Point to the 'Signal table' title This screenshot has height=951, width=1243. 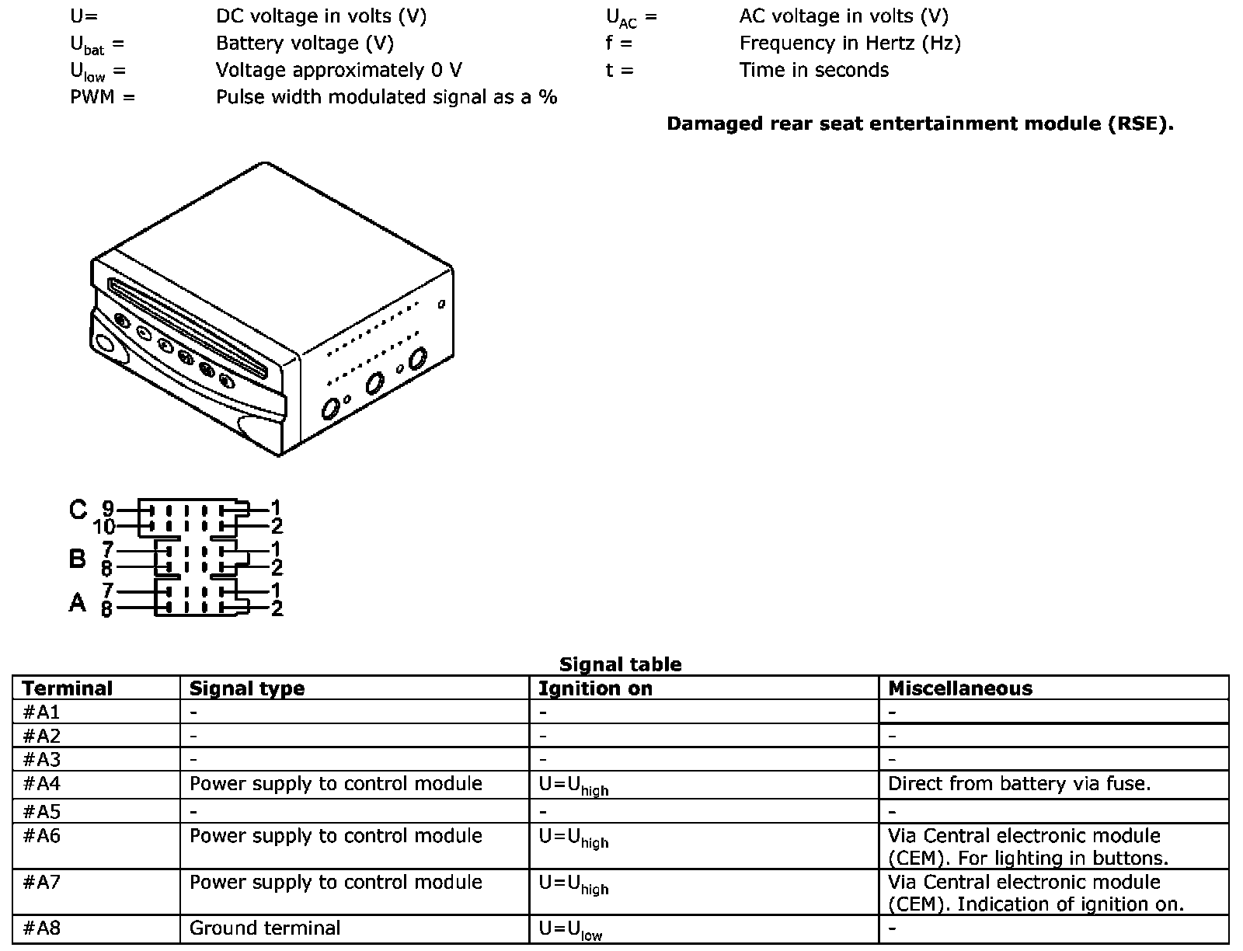click(x=620, y=664)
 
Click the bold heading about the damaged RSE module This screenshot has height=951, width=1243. click(x=920, y=124)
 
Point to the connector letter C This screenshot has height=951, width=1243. click(x=78, y=510)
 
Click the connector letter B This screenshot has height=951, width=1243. click(x=77, y=558)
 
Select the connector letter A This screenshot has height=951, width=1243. click(x=77, y=602)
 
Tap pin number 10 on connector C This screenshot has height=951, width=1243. click(x=103, y=528)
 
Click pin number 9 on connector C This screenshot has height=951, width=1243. click(x=107, y=509)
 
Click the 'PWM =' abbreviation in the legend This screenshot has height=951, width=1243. click(x=102, y=97)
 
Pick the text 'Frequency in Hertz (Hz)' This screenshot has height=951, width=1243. click(x=850, y=44)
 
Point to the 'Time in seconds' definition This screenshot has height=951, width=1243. click(x=813, y=70)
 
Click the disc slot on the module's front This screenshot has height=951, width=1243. click(x=190, y=326)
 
